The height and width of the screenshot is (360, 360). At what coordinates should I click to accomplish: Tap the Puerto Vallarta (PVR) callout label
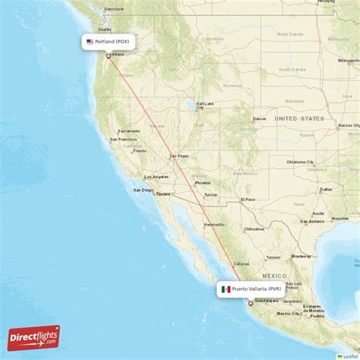[251, 289]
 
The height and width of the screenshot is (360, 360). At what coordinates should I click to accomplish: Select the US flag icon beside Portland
[90, 43]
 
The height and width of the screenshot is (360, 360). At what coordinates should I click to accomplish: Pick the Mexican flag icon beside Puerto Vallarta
[226, 289]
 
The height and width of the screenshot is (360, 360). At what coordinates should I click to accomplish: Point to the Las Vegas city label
[178, 156]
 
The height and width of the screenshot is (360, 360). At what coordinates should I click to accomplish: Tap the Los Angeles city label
[157, 177]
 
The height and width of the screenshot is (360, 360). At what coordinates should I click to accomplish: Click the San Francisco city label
[123, 140]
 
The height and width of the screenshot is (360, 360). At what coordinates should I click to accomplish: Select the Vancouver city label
[114, 8]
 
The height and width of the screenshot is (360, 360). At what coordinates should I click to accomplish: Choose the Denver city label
[260, 118]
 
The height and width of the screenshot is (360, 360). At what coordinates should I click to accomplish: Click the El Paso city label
[248, 199]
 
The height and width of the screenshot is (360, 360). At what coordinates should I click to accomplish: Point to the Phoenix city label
[202, 182]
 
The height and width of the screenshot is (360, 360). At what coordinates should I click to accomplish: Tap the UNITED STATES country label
[299, 118]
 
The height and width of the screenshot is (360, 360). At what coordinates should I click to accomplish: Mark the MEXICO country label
[274, 275]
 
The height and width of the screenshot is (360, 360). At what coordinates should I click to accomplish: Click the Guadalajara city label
[267, 302]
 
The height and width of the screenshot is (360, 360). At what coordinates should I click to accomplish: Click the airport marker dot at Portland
[108, 55]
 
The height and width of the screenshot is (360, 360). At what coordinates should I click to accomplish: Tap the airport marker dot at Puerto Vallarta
[251, 303]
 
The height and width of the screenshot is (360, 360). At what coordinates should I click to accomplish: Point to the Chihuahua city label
[254, 229]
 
